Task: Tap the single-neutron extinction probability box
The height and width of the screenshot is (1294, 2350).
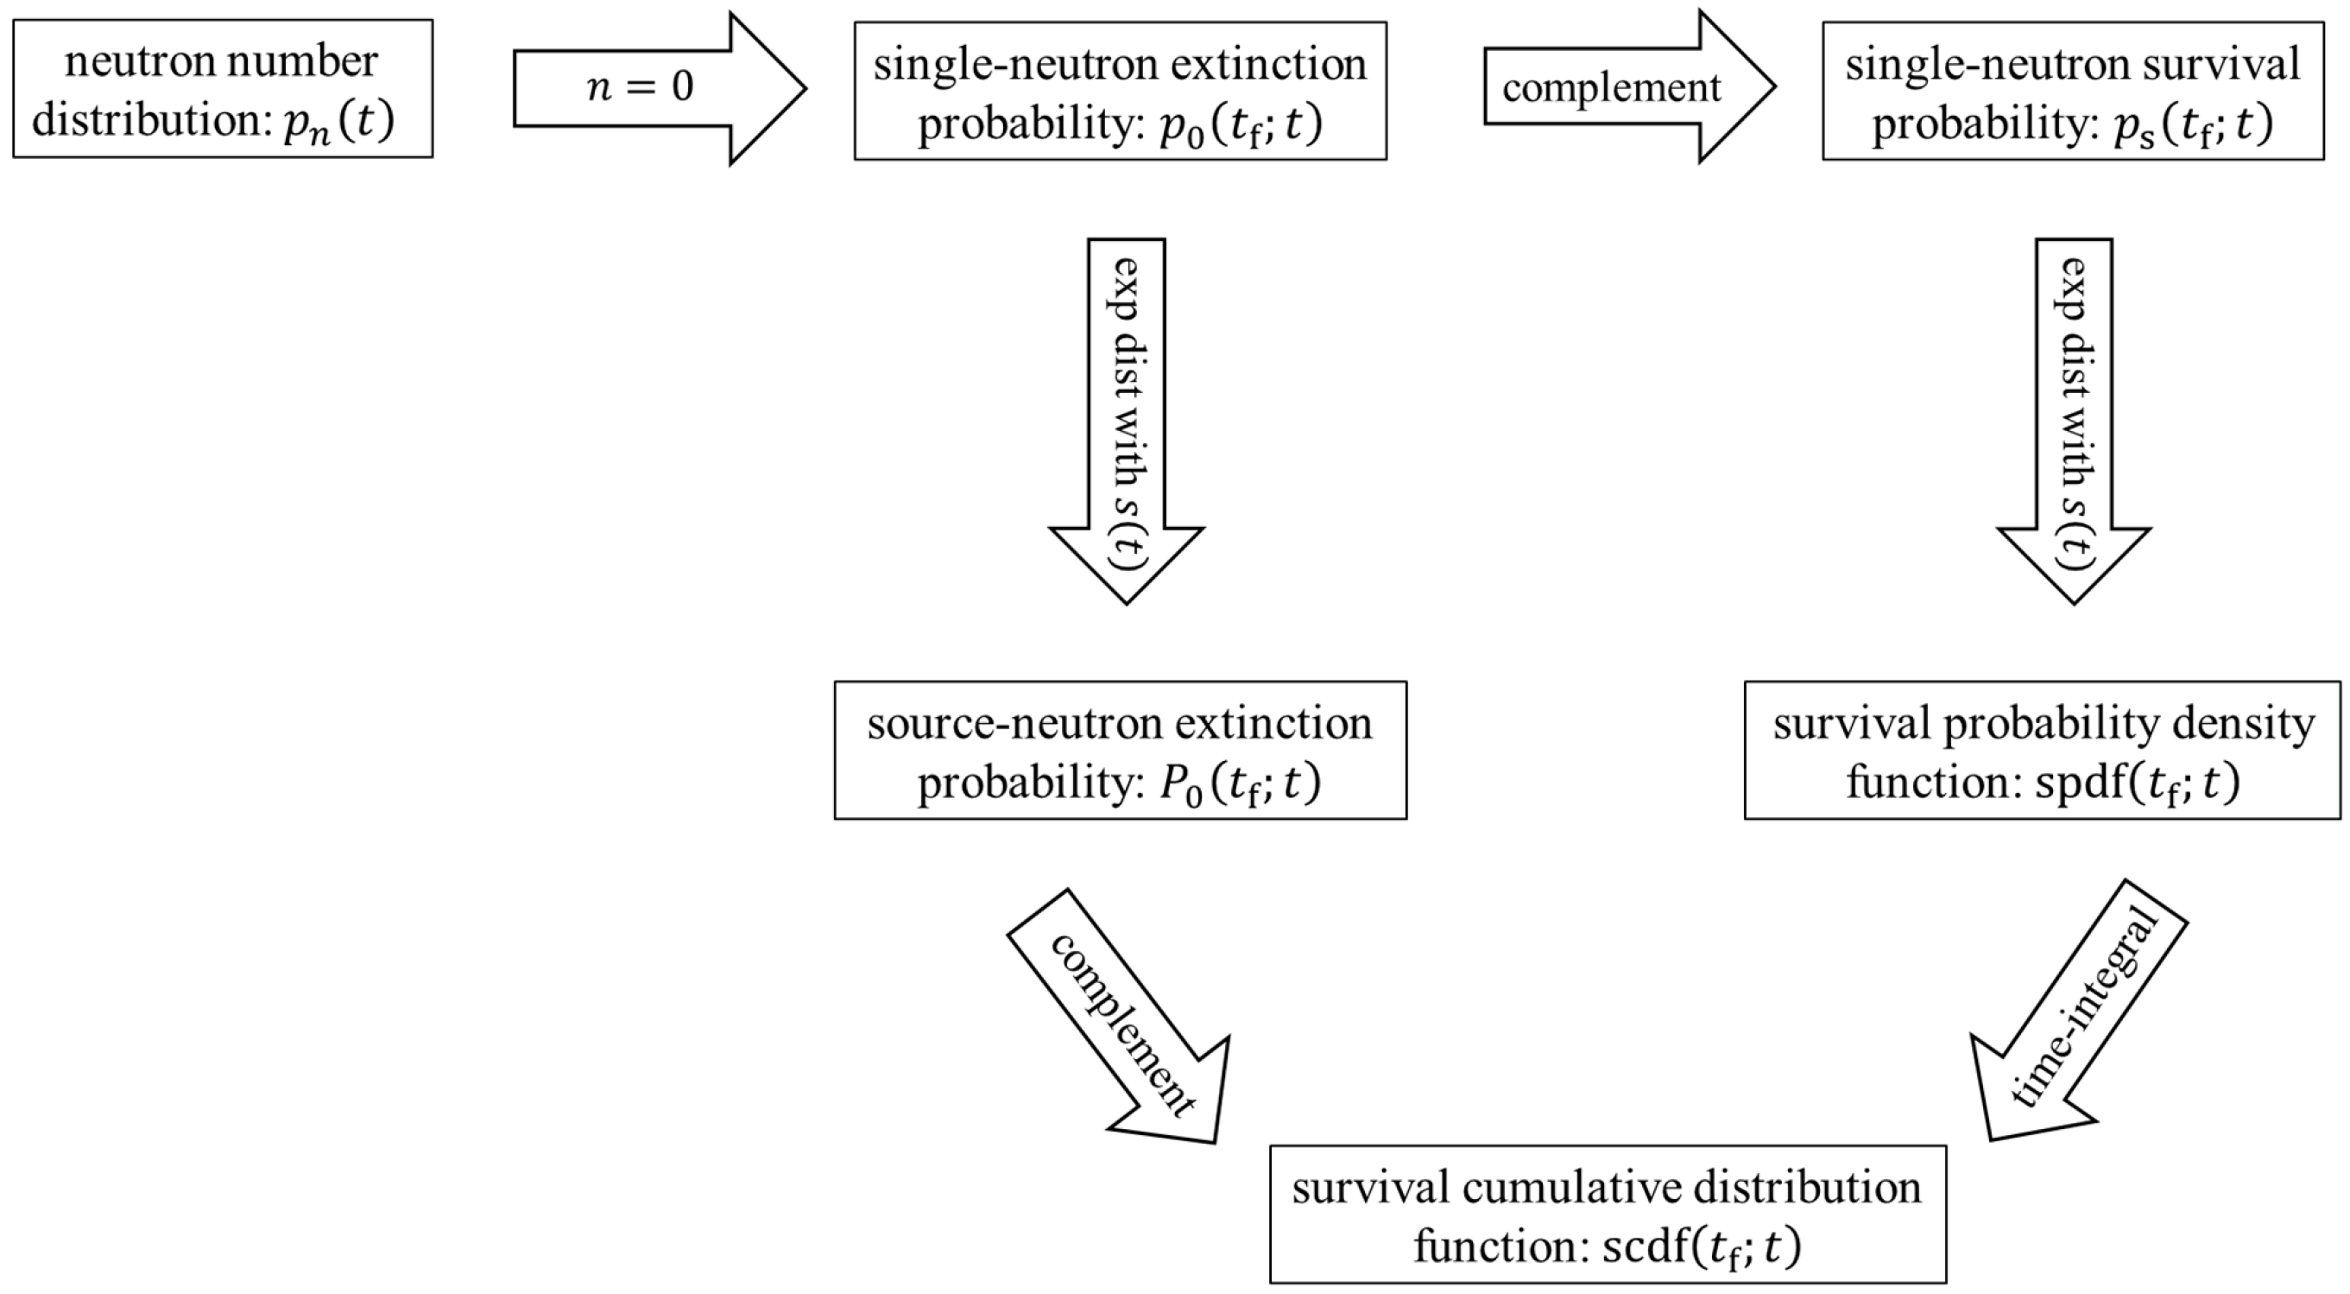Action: coord(1121,92)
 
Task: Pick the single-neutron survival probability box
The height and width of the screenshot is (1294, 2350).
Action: coord(2073,92)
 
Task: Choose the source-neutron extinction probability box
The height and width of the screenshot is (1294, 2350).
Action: coord(1121,749)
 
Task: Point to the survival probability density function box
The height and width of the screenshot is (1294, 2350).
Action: coord(2043,749)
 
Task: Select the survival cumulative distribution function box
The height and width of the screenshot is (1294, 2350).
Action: coord(1608,1215)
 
